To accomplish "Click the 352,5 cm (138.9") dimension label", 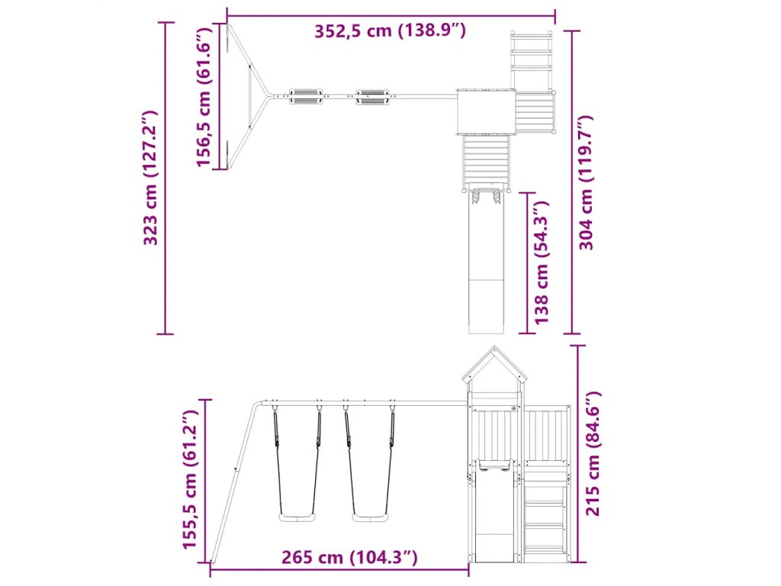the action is (390, 31).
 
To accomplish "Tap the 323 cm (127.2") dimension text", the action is (150, 178).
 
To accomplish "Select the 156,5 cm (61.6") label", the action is (204, 97).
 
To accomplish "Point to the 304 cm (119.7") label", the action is (586, 182).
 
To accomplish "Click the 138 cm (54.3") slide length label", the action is (542, 262).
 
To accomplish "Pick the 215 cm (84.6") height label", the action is (593, 453).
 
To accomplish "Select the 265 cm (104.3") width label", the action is (349, 556).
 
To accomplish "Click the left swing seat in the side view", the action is (297, 518).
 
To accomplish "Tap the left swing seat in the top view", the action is (305, 97).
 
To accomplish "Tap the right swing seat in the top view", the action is (372, 97).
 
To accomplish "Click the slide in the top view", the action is (487, 262).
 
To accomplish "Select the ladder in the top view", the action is (532, 60).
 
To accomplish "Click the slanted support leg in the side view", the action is (234, 481).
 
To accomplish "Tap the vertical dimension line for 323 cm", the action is (166, 178).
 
